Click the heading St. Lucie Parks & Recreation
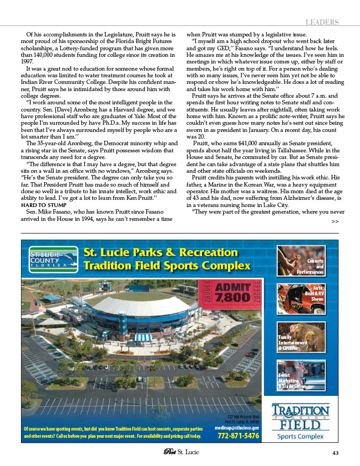[x=161, y=253]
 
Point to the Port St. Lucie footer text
[x=180, y=453]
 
